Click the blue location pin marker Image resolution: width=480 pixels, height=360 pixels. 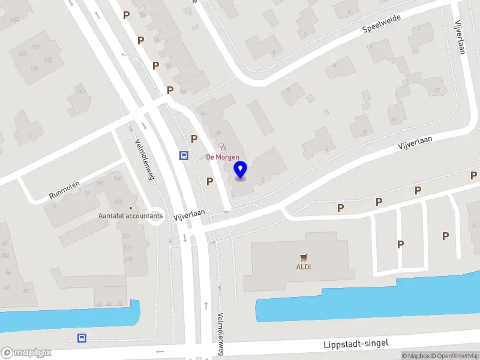tap(241, 170)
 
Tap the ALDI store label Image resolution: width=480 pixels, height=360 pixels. tap(303, 267)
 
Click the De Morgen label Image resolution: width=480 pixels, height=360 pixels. tap(223, 157)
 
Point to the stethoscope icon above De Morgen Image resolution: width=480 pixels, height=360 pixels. tap(223, 146)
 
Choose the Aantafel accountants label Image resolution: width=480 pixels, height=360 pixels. tap(131, 215)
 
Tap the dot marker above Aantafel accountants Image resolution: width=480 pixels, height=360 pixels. tap(131, 207)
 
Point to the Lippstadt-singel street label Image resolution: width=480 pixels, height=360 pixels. tap(356, 344)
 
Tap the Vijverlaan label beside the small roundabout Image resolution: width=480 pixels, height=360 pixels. tap(190, 214)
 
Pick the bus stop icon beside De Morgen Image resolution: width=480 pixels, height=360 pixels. tap(184, 156)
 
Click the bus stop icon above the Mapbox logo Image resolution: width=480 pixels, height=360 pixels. tap(82, 338)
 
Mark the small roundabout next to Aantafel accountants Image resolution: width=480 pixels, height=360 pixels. tap(156, 217)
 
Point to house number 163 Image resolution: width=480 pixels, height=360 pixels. tap(80, 91)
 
